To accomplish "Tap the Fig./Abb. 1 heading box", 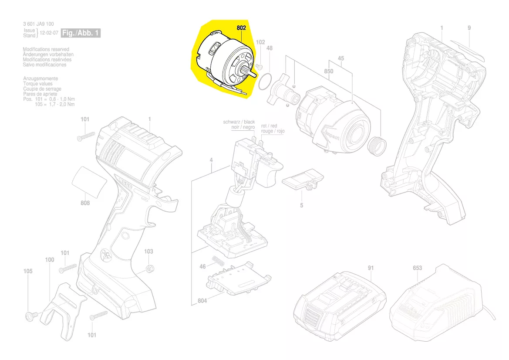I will tap(81, 33).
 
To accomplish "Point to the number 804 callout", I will tap(202, 301).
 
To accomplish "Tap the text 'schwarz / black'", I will tap(239, 122).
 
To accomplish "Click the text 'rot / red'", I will tap(269, 126).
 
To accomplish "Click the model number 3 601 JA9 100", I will tap(38, 24).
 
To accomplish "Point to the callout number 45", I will tap(340, 58).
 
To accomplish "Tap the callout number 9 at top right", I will tap(469, 28).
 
